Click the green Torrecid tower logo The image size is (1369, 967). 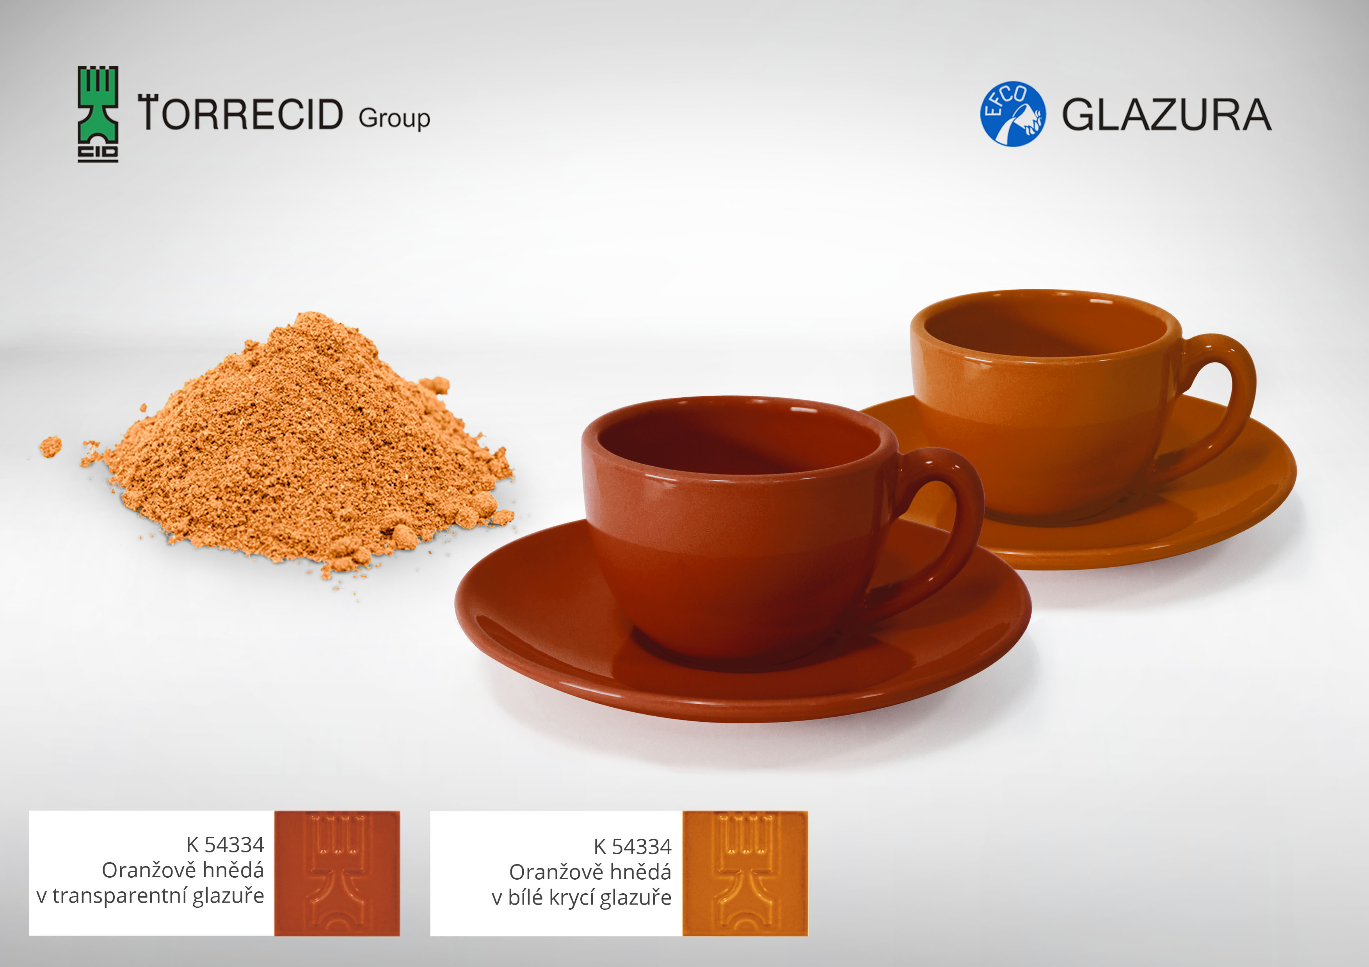[x=98, y=114]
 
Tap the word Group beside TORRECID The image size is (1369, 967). [x=394, y=119]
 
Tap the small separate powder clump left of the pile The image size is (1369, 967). [x=51, y=446]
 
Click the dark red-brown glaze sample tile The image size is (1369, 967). [x=337, y=873]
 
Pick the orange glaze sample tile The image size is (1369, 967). [x=745, y=873]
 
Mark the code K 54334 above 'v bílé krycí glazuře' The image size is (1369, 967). [x=632, y=846]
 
